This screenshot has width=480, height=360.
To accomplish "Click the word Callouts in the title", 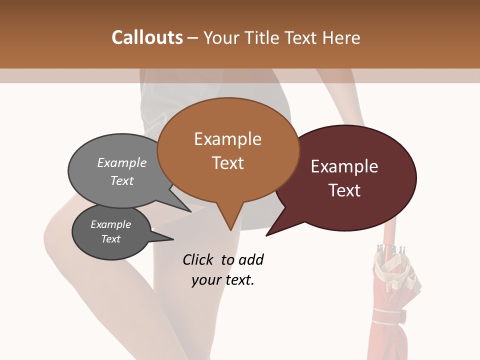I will tap(147, 37).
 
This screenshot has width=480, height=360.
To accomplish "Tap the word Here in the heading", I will tap(342, 37).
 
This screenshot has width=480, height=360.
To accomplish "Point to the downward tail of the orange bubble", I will tap(230, 220).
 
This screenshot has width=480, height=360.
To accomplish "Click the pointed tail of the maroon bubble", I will tap(272, 231).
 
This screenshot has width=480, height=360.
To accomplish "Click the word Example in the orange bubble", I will tap(228, 139).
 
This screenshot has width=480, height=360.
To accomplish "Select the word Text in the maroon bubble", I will tap(344, 190).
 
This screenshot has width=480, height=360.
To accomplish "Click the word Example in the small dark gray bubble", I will tap(110, 224).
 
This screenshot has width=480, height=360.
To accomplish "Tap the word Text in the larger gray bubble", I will tap(121, 180).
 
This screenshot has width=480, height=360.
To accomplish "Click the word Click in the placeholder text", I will tap(199, 259).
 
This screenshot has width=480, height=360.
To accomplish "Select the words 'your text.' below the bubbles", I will tap(223, 280).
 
